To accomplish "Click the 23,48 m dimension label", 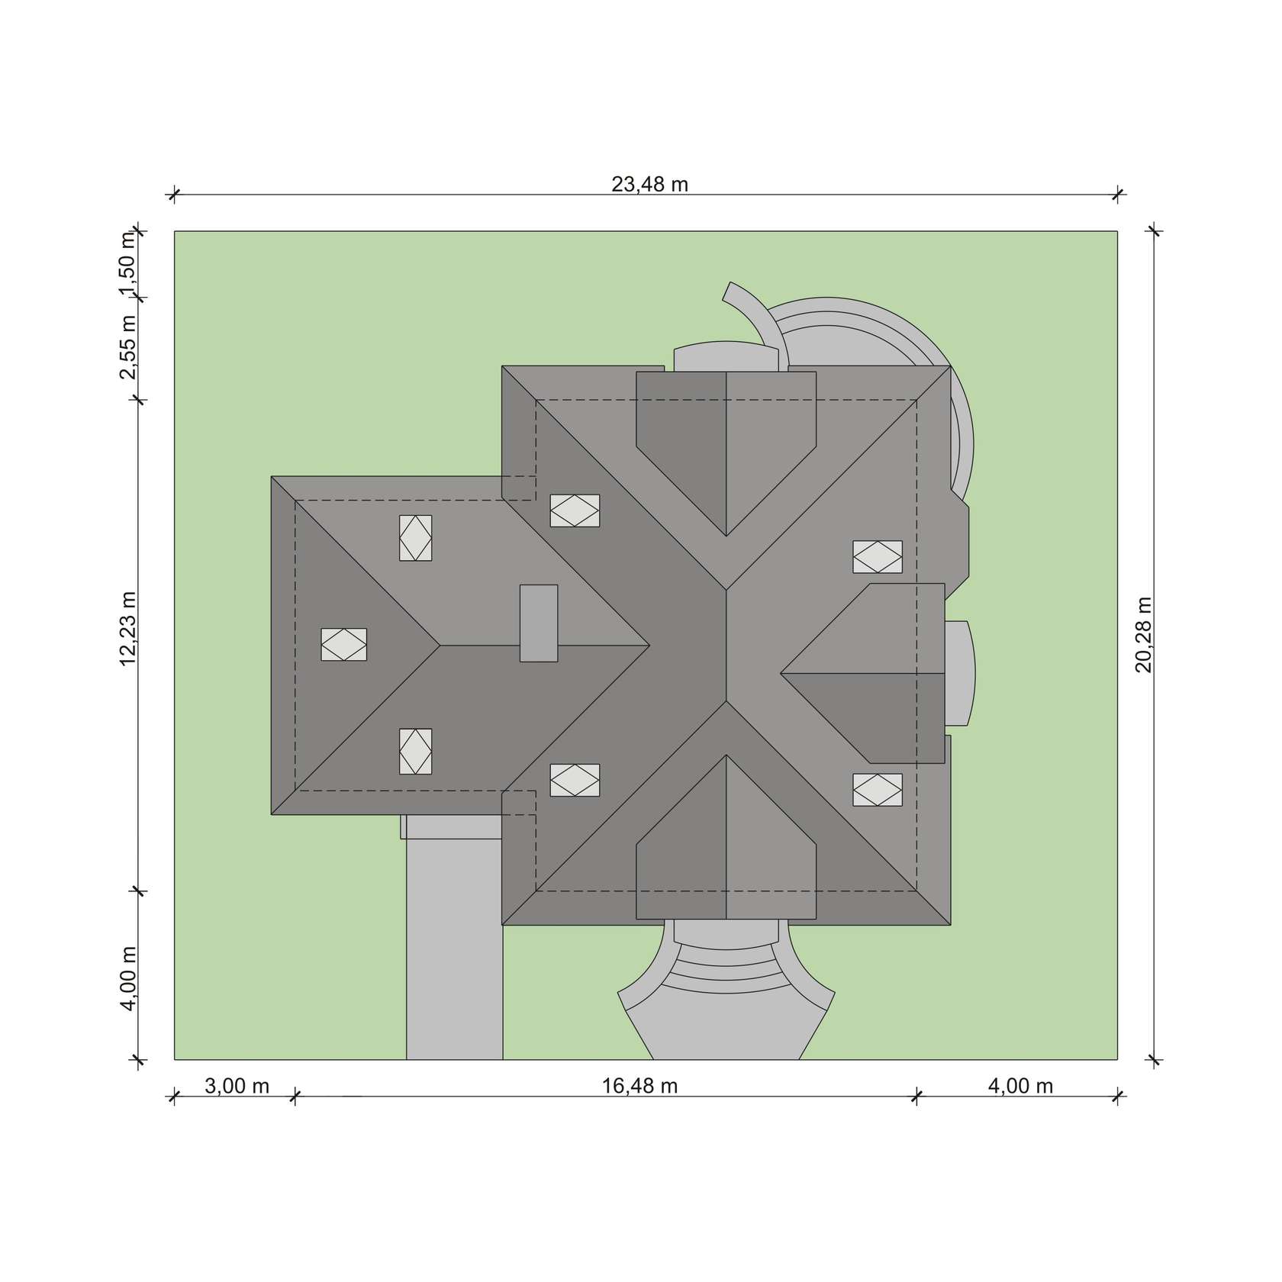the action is (x=649, y=184).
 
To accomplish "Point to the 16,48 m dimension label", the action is (x=639, y=1085).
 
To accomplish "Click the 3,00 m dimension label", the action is (x=237, y=1085).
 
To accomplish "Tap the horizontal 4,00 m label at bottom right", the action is (x=1020, y=1085).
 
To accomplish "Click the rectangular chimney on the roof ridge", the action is (x=539, y=623).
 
